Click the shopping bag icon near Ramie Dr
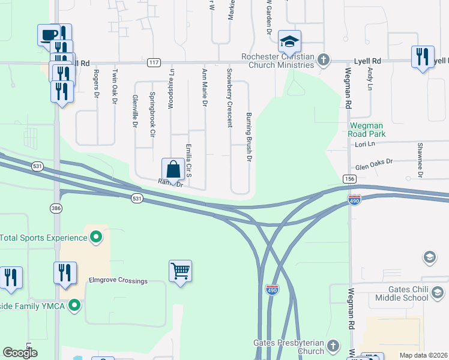(173, 169)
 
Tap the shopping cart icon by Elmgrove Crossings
(180, 271)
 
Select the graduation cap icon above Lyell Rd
(289, 41)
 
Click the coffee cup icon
(48, 35)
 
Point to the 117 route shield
(153, 62)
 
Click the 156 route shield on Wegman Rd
(349, 179)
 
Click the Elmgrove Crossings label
(118, 281)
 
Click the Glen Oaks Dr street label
(373, 162)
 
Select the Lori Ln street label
(364, 145)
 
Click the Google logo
(20, 352)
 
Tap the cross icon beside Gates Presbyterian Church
(334, 346)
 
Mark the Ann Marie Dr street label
(205, 88)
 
